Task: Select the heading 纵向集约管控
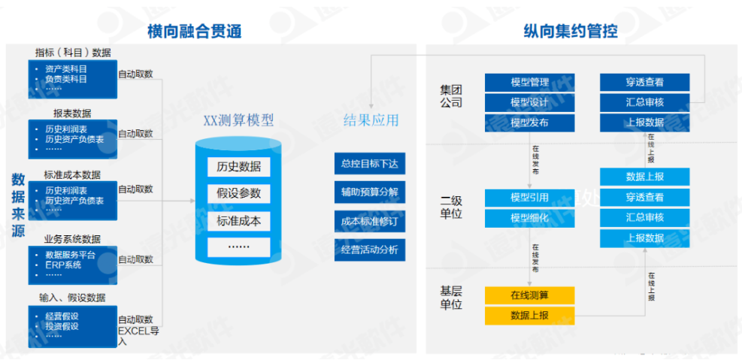pos(571,31)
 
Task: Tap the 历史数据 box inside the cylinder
pos(238,166)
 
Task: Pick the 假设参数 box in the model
pos(238,193)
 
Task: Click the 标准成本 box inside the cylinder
pos(238,220)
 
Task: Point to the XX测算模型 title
pos(238,120)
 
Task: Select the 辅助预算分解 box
pos(369,192)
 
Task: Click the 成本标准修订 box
pos(369,221)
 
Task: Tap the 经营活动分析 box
pos(369,250)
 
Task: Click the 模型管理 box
pos(529,83)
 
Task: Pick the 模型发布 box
pos(529,123)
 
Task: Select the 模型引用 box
pos(529,198)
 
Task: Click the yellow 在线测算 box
pos(529,294)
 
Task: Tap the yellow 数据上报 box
pos(529,314)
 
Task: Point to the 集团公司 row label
pos(451,95)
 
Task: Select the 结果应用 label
pos(371,120)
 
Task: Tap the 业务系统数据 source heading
pos(72,239)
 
